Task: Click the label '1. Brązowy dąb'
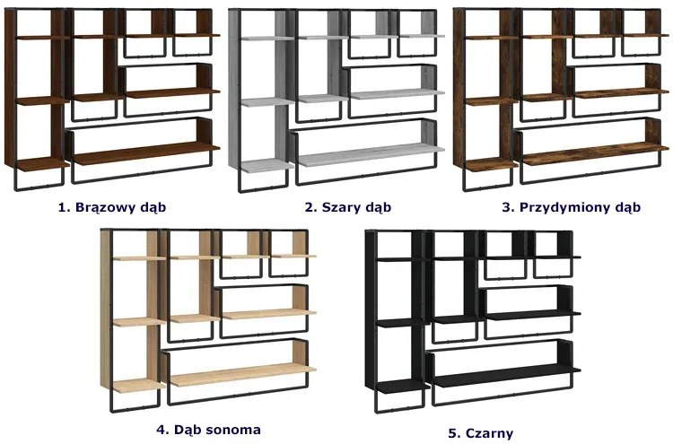pos(112,207)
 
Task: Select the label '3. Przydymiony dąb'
pos(571,207)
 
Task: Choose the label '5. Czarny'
pos(480,433)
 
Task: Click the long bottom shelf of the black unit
pos(503,379)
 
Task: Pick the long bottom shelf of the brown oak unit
pos(144,154)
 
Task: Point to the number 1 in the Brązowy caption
pos(61,207)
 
